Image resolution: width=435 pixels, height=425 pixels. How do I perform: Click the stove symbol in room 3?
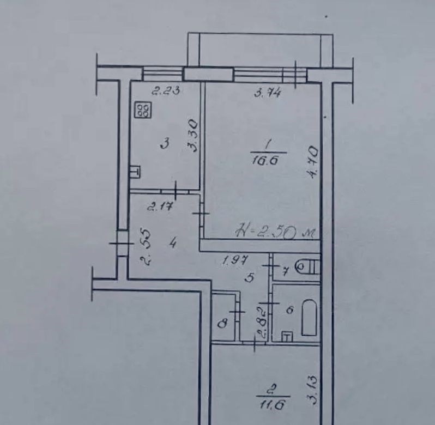pyautogui.click(x=143, y=110)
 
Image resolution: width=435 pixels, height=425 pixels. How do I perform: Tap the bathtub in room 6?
pyautogui.click(x=309, y=317)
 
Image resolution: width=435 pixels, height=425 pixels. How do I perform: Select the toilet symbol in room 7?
pyautogui.click(x=307, y=267)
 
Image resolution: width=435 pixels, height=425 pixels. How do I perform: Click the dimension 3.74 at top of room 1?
pyautogui.click(x=267, y=92)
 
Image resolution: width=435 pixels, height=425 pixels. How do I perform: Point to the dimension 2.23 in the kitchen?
pyautogui.click(x=166, y=90)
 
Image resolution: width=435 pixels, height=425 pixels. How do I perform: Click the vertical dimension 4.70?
pyautogui.click(x=312, y=162)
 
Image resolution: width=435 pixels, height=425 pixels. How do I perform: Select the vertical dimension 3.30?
pyautogui.click(x=192, y=136)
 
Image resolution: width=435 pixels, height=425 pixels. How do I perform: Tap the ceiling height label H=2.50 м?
pyautogui.click(x=275, y=233)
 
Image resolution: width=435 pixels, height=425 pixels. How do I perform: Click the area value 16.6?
pyautogui.click(x=265, y=161)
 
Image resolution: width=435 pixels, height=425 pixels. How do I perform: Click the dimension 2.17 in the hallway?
pyautogui.click(x=161, y=207)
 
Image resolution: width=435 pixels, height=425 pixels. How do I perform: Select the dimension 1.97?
pyautogui.click(x=235, y=260)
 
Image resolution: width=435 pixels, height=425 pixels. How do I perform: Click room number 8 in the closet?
pyautogui.click(x=223, y=324)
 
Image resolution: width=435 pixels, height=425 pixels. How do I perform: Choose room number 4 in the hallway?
pyautogui.click(x=173, y=244)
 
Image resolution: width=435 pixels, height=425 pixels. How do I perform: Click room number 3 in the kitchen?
pyautogui.click(x=165, y=144)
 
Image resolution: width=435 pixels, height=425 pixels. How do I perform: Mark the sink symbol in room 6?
pyautogui.click(x=287, y=337)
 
